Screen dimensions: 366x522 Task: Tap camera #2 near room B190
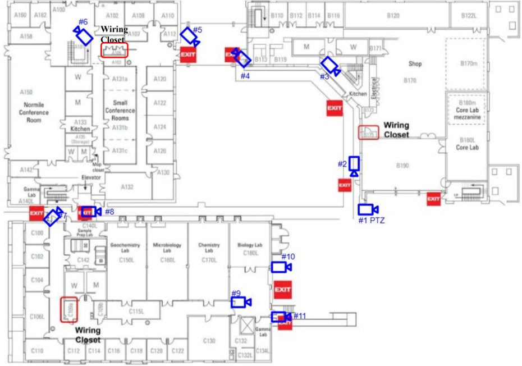point(354,164)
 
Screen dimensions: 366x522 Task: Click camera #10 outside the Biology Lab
point(280,267)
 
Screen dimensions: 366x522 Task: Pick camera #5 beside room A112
point(189,36)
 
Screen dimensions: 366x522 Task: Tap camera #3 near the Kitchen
point(330,66)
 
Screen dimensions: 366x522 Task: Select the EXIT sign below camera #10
point(282,290)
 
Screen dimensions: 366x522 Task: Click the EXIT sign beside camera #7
point(36,213)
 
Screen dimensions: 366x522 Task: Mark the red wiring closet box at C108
point(68,309)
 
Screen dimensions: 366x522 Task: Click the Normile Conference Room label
point(34,112)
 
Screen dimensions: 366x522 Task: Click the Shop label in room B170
point(415,64)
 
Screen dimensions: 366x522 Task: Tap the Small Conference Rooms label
point(120,111)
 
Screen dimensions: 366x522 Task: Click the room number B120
point(393,16)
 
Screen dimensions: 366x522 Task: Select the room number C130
point(209,341)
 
